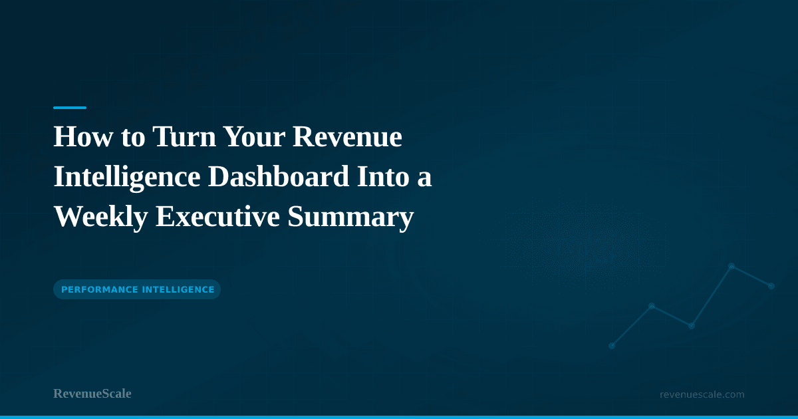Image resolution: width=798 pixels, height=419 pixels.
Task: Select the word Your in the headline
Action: [x=253, y=138]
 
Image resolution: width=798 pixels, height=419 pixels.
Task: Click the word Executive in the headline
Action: [x=217, y=217]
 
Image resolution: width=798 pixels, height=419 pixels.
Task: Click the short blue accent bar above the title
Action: [x=70, y=107]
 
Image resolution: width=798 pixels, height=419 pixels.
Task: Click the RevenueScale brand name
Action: [x=92, y=394]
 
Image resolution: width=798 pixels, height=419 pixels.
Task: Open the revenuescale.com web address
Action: [x=702, y=394]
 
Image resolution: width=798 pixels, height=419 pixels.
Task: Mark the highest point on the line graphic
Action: [x=731, y=266]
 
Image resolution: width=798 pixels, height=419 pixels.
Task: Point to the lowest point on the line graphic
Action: [x=612, y=346]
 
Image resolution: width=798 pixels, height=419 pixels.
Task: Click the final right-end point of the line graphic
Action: [x=771, y=286]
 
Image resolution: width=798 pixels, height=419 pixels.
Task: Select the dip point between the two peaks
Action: [x=692, y=326]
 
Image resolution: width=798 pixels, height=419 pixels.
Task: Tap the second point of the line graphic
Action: [x=652, y=306]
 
